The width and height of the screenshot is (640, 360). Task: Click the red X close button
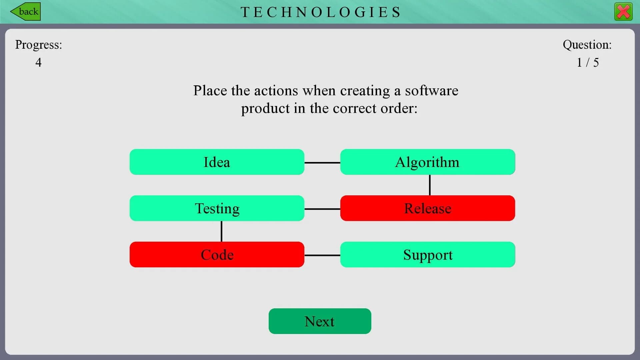coord(623,12)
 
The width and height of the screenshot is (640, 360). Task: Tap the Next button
coord(320,321)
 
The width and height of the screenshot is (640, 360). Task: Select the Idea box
coord(217,162)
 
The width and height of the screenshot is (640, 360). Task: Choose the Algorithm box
coord(427,162)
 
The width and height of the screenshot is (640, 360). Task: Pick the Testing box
coord(217,208)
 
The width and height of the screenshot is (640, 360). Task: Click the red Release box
coord(427,208)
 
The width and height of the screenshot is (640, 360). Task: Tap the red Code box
coord(217,255)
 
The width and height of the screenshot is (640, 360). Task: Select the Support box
coord(427,255)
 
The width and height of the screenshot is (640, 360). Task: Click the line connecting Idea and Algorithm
coord(322,163)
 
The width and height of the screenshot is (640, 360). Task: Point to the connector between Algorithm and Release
coord(430,185)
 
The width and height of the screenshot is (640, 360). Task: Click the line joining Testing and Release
coord(322,209)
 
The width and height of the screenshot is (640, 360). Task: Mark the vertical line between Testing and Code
coord(221,231)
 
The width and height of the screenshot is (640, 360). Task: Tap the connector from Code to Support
coord(322,255)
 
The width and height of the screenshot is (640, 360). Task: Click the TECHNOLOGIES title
coord(321,12)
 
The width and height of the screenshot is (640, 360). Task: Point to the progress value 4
coord(38,62)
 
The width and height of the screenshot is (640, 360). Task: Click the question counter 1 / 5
coord(587,62)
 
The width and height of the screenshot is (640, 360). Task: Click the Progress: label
coord(38,45)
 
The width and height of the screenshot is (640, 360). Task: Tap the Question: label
coord(587,45)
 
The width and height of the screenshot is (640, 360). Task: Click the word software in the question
coord(431,91)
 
